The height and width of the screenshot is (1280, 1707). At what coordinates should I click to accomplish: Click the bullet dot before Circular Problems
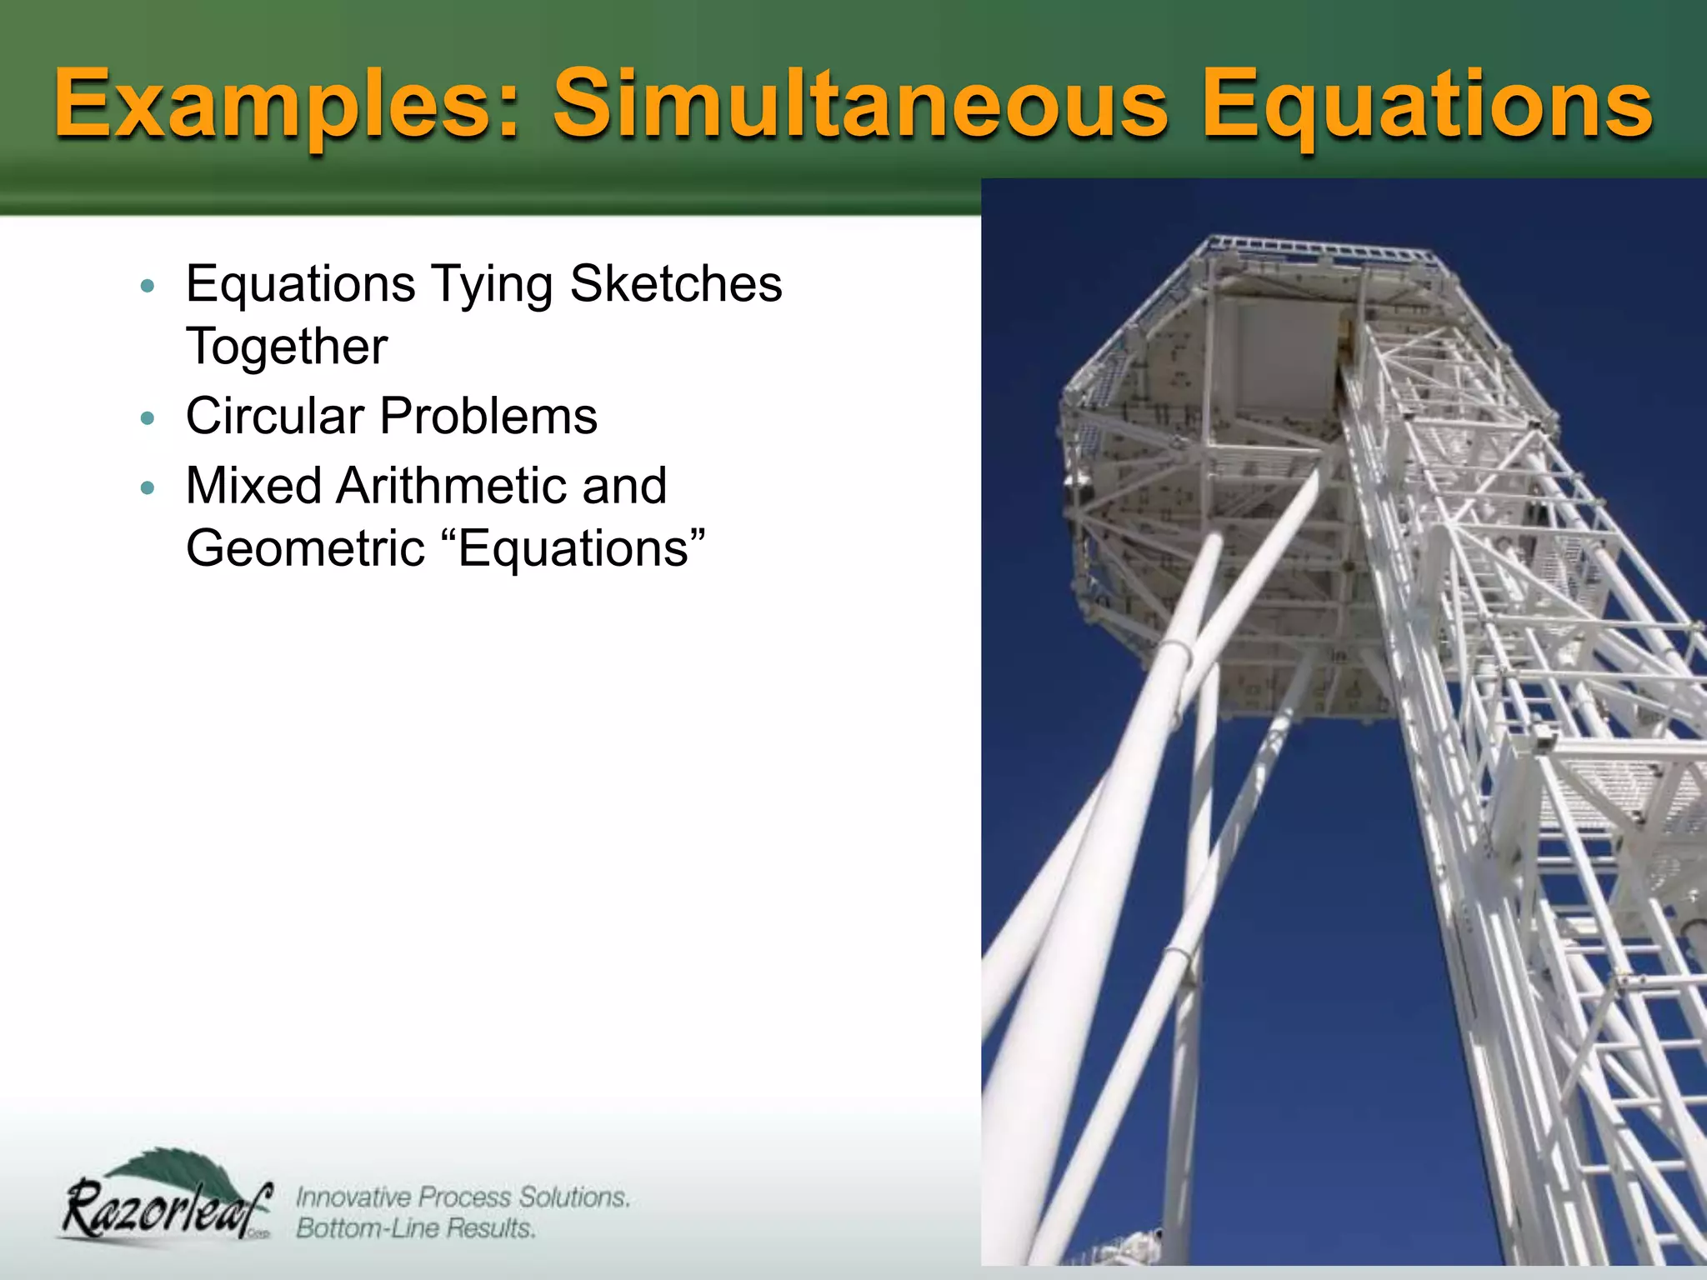(x=148, y=418)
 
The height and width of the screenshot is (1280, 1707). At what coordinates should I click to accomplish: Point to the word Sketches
(x=676, y=284)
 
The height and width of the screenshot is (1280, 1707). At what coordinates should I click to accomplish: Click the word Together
(x=286, y=347)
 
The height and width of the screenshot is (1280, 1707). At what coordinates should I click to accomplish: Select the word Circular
(x=275, y=416)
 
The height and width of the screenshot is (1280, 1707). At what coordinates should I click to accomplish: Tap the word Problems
(x=488, y=416)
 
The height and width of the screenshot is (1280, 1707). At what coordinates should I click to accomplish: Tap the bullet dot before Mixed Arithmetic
(x=148, y=487)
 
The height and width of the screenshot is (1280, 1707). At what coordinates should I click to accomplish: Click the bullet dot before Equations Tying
(x=148, y=286)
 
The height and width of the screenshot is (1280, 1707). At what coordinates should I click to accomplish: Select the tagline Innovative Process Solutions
(x=463, y=1197)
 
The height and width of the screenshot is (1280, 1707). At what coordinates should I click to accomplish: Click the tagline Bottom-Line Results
(x=415, y=1228)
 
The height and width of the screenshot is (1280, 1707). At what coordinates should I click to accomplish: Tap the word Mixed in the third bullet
(x=253, y=486)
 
